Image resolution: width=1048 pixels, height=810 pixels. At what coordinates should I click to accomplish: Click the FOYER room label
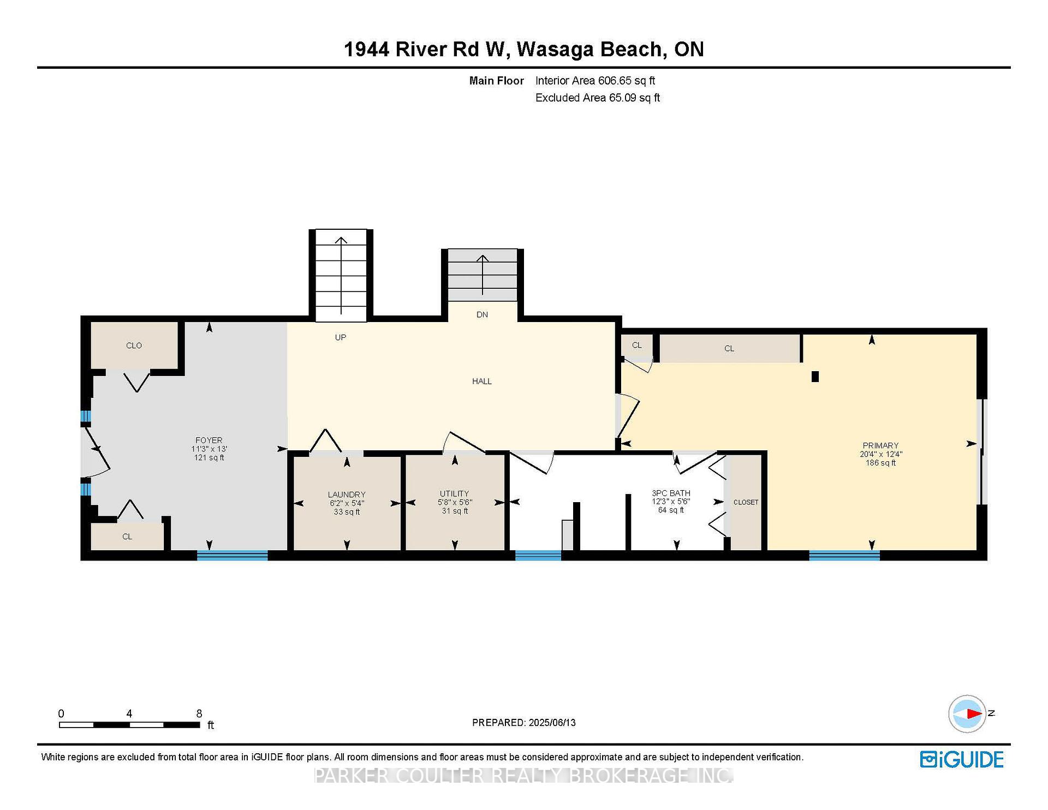pyautogui.click(x=209, y=440)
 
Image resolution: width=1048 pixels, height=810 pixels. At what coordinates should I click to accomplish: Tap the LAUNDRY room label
pyautogui.click(x=347, y=495)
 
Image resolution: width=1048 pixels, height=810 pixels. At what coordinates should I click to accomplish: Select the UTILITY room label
pyautogui.click(x=455, y=493)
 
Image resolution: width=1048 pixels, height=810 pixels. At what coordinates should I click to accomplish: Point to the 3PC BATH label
pyautogui.click(x=671, y=493)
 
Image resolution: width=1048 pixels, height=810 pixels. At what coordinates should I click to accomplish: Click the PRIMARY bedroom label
pyautogui.click(x=880, y=445)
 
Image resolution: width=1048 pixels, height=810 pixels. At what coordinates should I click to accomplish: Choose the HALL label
pyautogui.click(x=482, y=381)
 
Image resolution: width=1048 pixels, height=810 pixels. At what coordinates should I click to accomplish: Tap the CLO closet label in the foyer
pyautogui.click(x=134, y=346)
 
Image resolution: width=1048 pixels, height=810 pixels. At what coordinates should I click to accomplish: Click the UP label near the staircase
pyautogui.click(x=341, y=337)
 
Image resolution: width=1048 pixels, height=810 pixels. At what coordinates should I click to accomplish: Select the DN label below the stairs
pyautogui.click(x=482, y=314)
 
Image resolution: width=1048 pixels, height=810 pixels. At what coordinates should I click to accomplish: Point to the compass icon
pyautogui.click(x=967, y=713)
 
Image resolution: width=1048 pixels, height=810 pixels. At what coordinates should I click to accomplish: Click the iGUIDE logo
pyautogui.click(x=962, y=759)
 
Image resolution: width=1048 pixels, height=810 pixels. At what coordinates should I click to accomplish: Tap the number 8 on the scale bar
pyautogui.click(x=199, y=713)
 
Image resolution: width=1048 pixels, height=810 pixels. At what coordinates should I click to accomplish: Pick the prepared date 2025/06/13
pyautogui.click(x=552, y=723)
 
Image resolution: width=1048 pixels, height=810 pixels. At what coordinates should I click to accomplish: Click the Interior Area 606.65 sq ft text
pyautogui.click(x=595, y=81)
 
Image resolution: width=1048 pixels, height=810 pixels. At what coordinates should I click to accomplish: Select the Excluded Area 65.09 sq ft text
pyautogui.click(x=598, y=98)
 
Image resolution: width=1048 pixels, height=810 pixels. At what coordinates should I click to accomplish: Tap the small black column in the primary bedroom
pyautogui.click(x=815, y=377)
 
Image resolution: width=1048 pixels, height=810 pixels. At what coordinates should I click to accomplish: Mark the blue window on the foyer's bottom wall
pyautogui.click(x=232, y=556)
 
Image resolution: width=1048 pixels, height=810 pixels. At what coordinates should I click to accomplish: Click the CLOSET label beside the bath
pyautogui.click(x=746, y=502)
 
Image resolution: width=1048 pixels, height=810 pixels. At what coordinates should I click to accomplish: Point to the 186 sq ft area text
pyautogui.click(x=880, y=463)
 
